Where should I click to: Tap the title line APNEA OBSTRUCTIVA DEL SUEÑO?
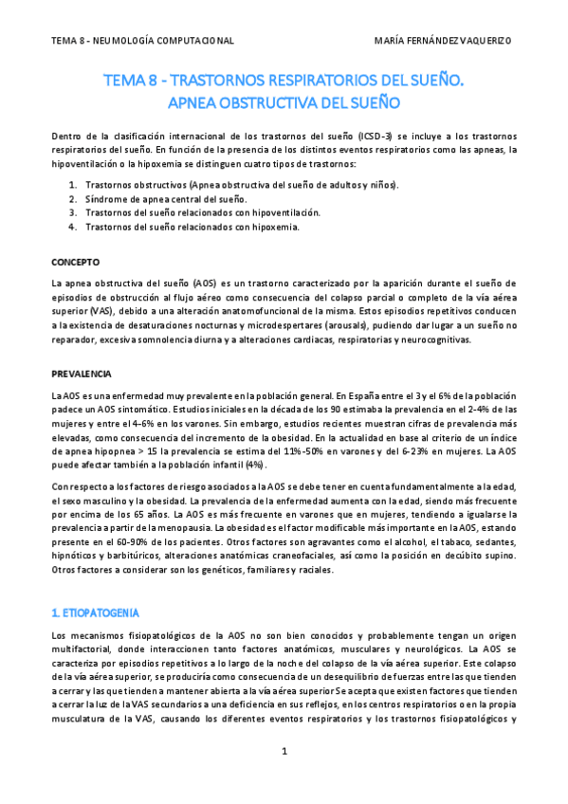284,100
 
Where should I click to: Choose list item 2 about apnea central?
166,199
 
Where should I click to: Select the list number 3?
73,213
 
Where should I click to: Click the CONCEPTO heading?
75,261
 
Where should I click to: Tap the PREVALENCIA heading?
81,374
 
